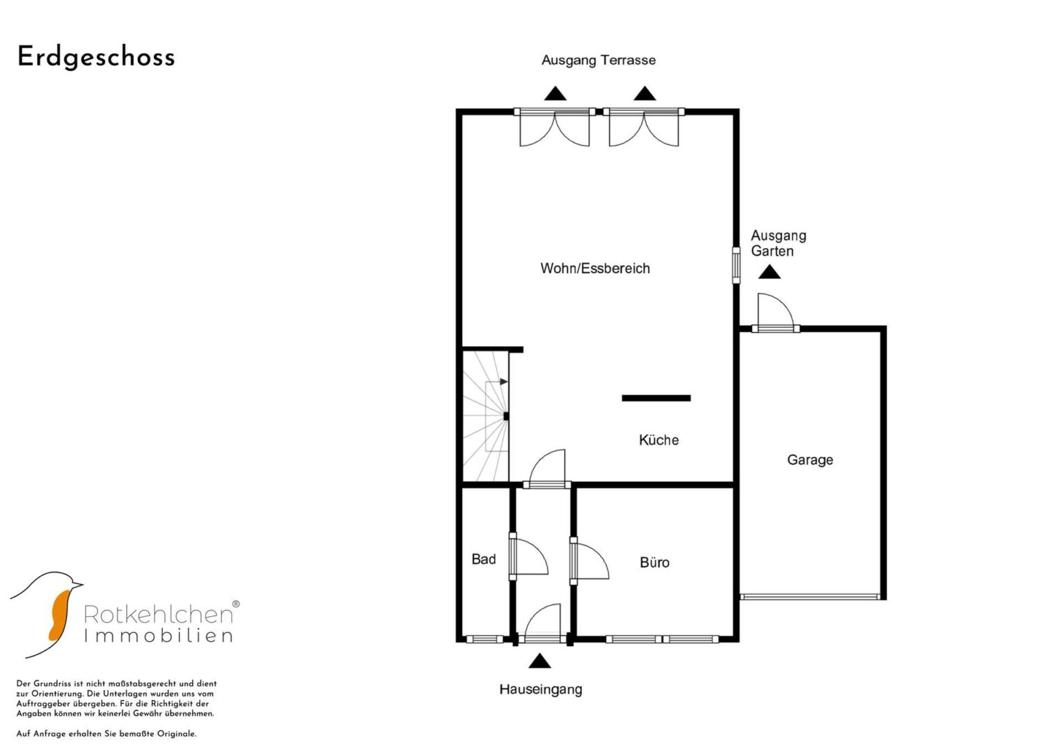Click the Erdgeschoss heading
click(96, 57)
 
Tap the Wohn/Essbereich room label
click(595, 268)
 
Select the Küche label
click(659, 439)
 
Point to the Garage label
click(810, 460)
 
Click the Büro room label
click(654, 562)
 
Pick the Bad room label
click(484, 559)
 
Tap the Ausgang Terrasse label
click(599, 61)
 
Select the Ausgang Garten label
click(778, 243)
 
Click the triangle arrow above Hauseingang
click(540, 661)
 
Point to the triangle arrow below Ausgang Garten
click(769, 272)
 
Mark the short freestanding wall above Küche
click(656, 398)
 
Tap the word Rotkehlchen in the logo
click(159, 614)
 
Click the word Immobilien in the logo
click(159, 636)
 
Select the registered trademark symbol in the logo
click(236, 604)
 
